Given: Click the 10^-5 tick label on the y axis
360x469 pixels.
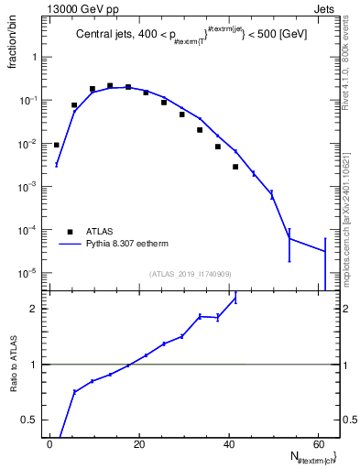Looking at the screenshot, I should [x=29, y=273].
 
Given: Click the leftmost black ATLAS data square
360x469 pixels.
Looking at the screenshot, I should [x=56, y=145].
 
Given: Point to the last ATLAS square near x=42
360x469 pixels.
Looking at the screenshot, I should [x=235, y=167].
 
